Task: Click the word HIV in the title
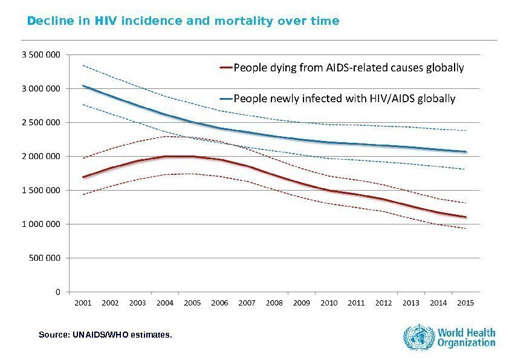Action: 107,22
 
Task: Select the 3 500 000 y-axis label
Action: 41,54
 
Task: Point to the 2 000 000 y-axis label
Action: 41,156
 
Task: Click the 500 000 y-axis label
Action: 45,258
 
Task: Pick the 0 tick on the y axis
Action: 57,292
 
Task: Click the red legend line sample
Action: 225,68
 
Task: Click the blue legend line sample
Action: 225,97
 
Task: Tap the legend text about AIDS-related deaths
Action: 349,68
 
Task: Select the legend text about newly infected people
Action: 345,97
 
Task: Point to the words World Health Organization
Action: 467,337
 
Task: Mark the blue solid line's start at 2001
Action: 83,86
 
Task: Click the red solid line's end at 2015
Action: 465,217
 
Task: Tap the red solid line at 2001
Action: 83,177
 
